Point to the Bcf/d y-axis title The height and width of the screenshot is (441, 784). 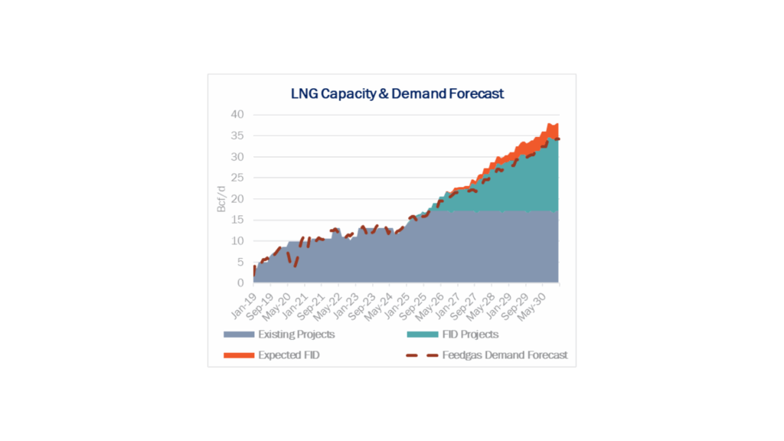click(x=221, y=198)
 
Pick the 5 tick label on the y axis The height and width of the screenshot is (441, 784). click(x=240, y=262)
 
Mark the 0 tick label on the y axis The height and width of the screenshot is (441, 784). click(x=240, y=283)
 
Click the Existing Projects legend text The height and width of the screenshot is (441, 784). click(x=296, y=335)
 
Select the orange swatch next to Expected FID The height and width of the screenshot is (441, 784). click(x=237, y=355)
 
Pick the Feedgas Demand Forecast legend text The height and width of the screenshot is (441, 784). click(x=505, y=355)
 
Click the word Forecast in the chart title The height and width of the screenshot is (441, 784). click(x=475, y=94)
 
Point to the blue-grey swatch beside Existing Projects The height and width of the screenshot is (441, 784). click(x=237, y=335)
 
